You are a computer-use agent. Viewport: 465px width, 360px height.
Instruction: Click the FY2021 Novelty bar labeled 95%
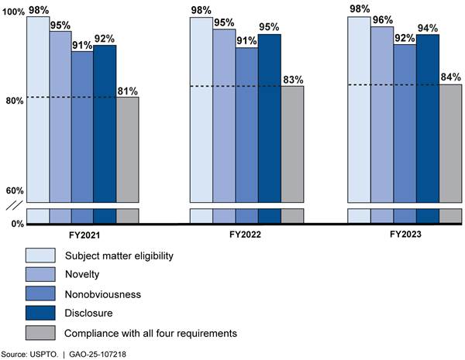tap(60, 116)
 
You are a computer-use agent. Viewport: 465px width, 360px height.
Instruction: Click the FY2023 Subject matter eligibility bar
tap(359, 108)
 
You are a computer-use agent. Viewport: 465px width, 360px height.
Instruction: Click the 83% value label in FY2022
tap(293, 79)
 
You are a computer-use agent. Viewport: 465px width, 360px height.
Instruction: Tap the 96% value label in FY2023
tap(381, 20)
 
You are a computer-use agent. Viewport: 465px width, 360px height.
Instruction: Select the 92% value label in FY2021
tap(105, 39)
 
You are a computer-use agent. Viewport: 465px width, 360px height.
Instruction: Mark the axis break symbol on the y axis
tap(12, 205)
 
